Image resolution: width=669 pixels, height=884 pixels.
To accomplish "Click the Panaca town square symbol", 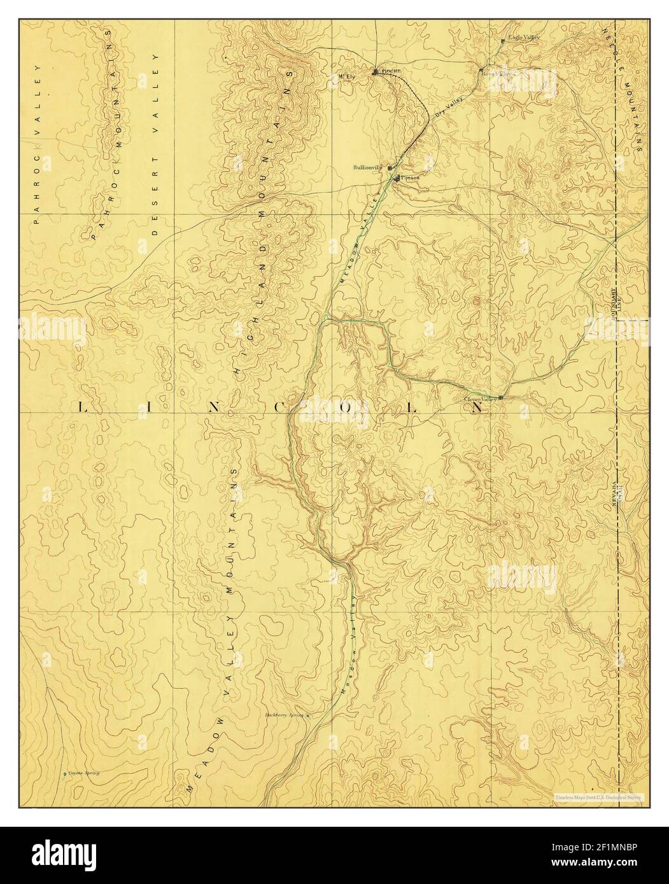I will pos(397,177).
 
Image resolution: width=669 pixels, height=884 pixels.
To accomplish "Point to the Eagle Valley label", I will pos(523,38).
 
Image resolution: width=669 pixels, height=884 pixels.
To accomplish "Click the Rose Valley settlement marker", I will pos(481,71).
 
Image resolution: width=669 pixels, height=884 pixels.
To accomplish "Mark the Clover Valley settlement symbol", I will pos(501,397).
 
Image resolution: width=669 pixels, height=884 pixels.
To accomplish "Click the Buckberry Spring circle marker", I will pos(308,715).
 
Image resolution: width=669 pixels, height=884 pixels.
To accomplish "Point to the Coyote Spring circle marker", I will pos(65,774).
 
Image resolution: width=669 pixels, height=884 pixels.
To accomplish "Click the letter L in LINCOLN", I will pos(81,408).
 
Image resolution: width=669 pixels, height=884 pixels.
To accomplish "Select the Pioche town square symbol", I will pos(376,71).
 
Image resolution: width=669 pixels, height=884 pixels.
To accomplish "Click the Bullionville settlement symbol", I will pos(390,169).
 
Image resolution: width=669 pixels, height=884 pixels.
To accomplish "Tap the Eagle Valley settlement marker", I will pos(503,41).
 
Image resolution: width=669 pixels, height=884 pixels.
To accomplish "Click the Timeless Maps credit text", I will pos(599,796).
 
